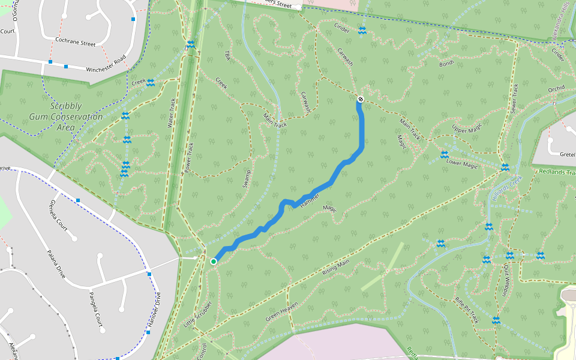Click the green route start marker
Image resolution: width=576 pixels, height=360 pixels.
(x=214, y=261)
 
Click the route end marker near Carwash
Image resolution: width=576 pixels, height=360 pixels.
(x=360, y=99)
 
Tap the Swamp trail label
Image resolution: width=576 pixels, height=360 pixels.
(x=247, y=178)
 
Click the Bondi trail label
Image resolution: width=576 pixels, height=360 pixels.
(x=446, y=63)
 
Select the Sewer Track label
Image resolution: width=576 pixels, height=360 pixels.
(x=514, y=98)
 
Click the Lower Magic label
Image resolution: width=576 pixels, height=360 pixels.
(x=462, y=164)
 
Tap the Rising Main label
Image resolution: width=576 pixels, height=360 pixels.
(x=335, y=268)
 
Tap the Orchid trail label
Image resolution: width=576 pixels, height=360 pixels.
(x=556, y=89)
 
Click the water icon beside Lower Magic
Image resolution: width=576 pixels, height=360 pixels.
(x=444, y=155)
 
